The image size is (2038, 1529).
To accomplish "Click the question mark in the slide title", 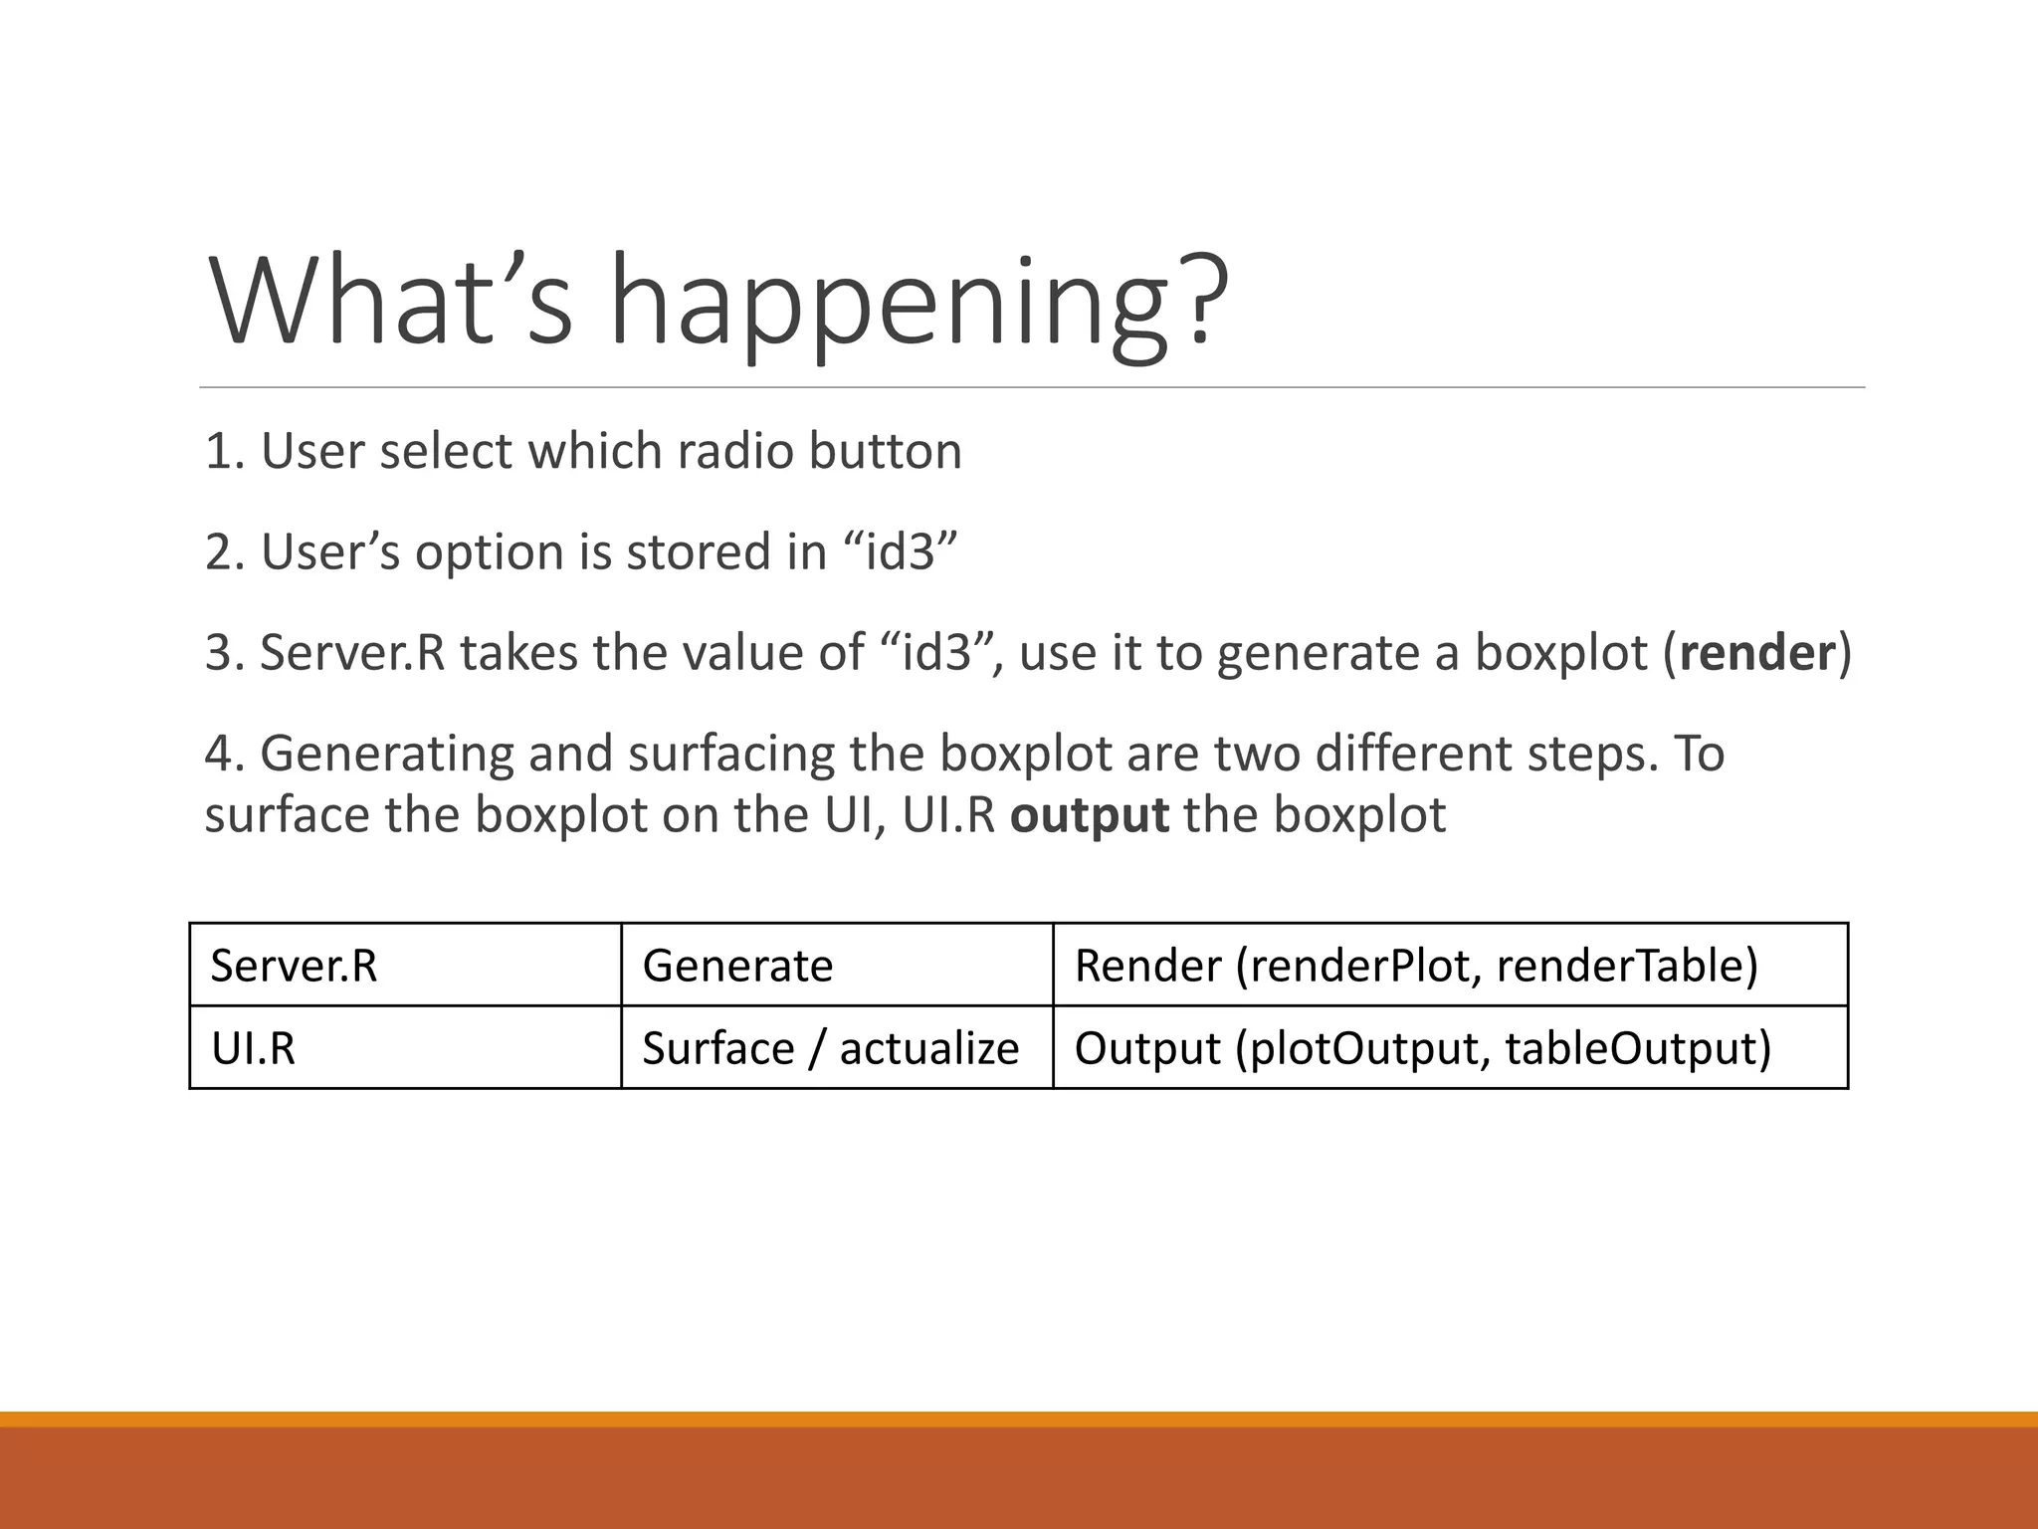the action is [1201, 299].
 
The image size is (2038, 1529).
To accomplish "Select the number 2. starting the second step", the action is [225, 551].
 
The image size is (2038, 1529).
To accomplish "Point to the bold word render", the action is [1756, 653].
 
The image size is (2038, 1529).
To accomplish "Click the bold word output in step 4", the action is [1089, 815].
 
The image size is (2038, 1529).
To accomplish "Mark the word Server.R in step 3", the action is [352, 653].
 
